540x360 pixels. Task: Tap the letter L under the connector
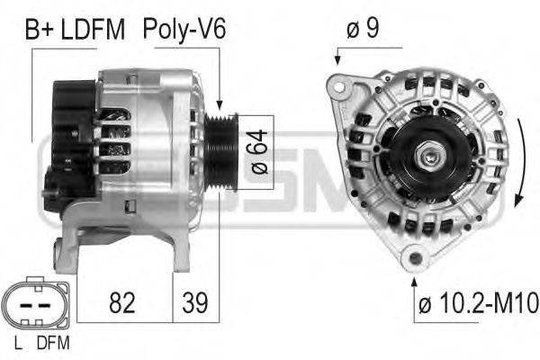(x=18, y=343)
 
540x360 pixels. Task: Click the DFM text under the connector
(x=53, y=343)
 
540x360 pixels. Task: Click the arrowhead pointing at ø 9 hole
(x=337, y=60)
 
